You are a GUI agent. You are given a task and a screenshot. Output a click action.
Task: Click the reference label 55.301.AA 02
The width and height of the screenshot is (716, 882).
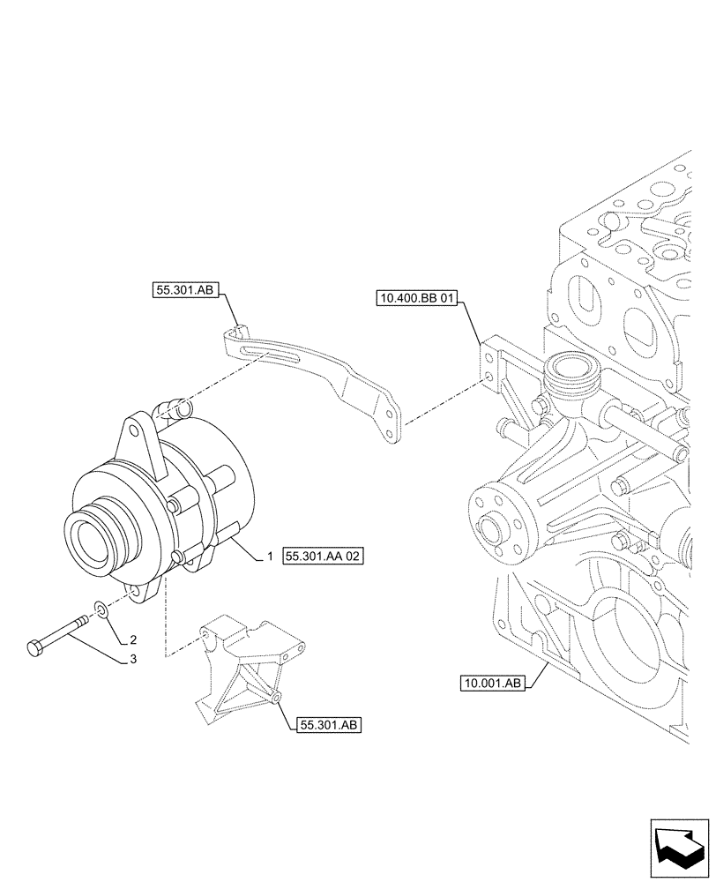pyautogui.click(x=324, y=557)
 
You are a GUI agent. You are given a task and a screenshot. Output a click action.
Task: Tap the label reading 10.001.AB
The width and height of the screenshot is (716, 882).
pyautogui.click(x=491, y=682)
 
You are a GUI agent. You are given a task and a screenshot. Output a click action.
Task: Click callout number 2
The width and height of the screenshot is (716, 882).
pyautogui.click(x=133, y=639)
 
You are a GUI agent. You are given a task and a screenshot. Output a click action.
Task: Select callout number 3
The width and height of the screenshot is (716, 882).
pyautogui.click(x=133, y=658)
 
